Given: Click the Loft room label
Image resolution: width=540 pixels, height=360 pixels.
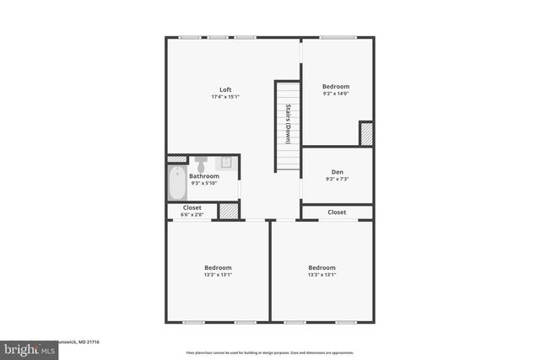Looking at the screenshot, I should pos(225,90).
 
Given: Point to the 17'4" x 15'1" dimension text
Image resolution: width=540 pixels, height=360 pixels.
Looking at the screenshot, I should pos(225,97).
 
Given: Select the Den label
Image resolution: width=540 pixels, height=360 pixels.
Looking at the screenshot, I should pos(337,172).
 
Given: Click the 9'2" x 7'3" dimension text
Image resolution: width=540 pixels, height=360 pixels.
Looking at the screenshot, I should pos(337,179).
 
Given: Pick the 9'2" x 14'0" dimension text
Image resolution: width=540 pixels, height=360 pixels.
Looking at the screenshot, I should pos(337,94).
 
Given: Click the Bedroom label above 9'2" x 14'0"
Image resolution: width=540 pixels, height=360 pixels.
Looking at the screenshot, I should pos(337,86).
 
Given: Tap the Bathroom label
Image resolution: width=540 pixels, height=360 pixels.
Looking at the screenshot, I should pos(204,176).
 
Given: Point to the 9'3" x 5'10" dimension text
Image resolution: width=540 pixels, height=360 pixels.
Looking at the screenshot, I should pos(204,183).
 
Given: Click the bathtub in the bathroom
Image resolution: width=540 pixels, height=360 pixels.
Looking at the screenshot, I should pos(177,183).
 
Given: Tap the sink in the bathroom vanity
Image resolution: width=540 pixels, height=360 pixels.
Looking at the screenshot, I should pos(226,162).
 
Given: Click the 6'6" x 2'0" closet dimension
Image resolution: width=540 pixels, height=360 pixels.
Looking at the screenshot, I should pos(192,214).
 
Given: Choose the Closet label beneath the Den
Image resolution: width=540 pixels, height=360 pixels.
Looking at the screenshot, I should pos(337,212).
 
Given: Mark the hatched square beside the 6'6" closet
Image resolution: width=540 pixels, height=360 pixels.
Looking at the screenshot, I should pos(229,211).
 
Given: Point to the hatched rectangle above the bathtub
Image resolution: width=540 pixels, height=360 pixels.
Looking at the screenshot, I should pos(177,159).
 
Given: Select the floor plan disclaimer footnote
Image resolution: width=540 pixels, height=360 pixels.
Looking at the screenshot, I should pos(270,353).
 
